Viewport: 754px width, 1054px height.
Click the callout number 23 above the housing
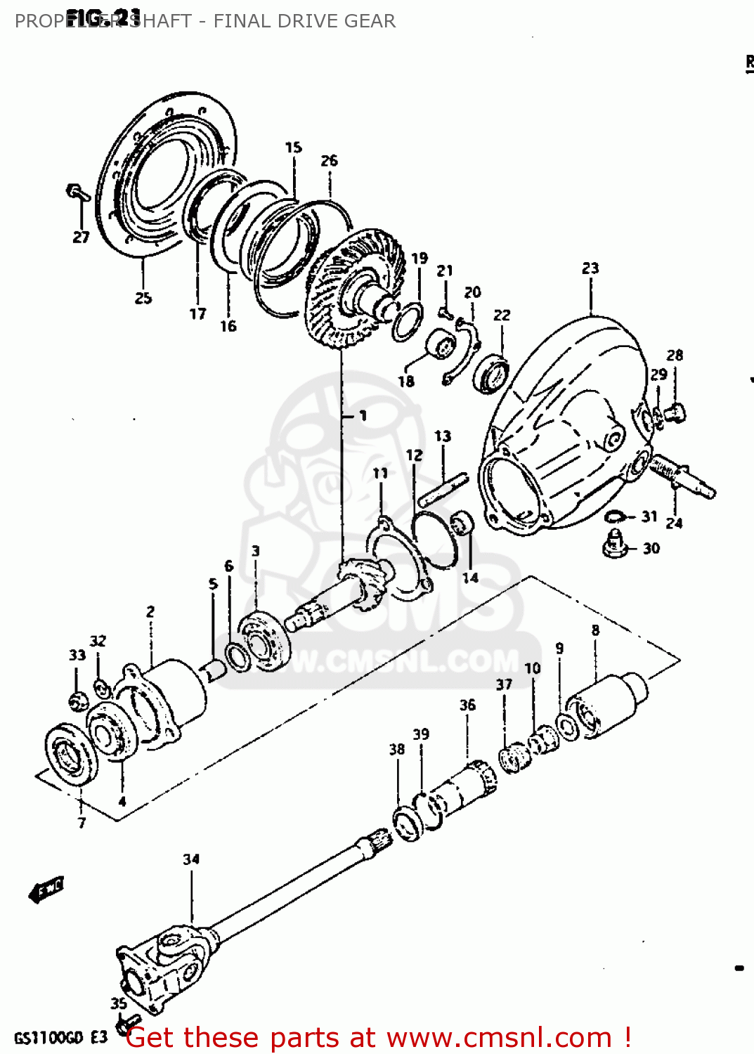(590, 268)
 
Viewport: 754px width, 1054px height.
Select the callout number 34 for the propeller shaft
(191, 859)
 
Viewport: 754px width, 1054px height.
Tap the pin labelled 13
(443, 489)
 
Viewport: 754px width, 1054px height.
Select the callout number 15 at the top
(293, 148)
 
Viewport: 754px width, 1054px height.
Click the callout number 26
(329, 161)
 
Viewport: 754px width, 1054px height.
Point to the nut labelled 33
(78, 700)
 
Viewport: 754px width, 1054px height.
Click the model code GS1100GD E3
(61, 1038)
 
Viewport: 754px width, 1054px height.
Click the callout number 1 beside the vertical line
(363, 416)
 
